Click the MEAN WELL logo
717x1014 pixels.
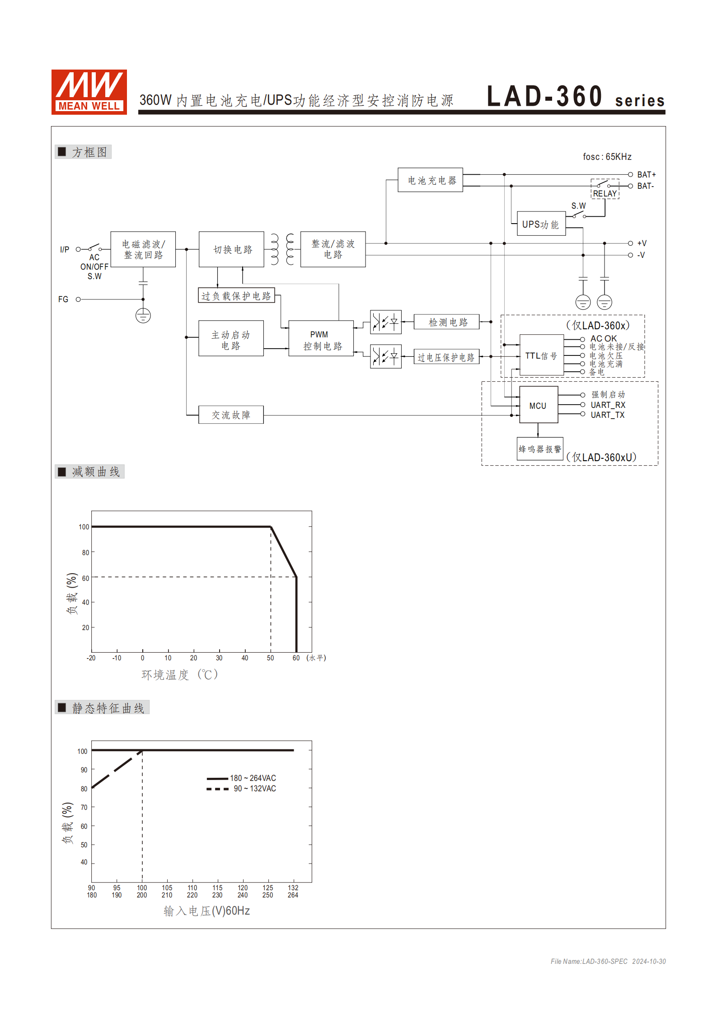tap(89, 92)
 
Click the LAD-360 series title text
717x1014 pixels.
tap(575, 97)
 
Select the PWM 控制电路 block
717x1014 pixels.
tap(321, 339)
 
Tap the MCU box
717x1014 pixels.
tap(538, 405)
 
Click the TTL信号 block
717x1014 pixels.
tap(541, 355)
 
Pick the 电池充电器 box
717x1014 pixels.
tap(430, 180)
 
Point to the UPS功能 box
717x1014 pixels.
tap(541, 224)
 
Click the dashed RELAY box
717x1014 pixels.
tap(605, 189)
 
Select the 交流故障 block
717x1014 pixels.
tap(231, 415)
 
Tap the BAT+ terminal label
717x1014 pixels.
tap(646, 174)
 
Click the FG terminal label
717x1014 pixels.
tap(63, 299)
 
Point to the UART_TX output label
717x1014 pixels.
tap(607, 415)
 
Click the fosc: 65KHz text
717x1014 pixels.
tap(607, 157)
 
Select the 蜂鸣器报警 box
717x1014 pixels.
tap(540, 449)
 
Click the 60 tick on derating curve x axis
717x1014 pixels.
tap(296, 658)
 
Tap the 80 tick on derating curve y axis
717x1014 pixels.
tap(85, 552)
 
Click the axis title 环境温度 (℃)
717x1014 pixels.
tap(180, 674)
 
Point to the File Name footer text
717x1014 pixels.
tap(608, 961)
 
